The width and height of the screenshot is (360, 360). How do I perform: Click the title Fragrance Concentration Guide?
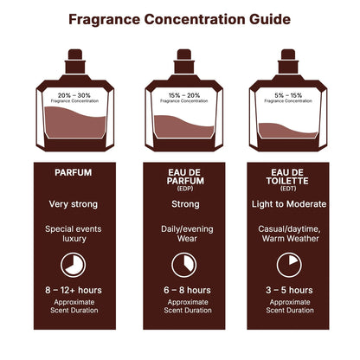[180, 19]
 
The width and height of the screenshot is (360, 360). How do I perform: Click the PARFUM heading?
[73, 172]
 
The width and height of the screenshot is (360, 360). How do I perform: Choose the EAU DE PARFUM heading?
[180, 177]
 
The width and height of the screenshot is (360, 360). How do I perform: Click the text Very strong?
[73, 204]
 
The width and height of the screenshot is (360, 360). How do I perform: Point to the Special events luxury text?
[73, 235]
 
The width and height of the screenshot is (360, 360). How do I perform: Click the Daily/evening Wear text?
[180, 235]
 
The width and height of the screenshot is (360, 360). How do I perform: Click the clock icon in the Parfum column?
[73, 264]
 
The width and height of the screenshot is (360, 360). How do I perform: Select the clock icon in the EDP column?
[180, 264]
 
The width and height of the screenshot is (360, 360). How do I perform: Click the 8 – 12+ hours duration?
[73, 290]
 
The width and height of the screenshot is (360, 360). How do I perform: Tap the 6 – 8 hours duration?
[180, 290]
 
